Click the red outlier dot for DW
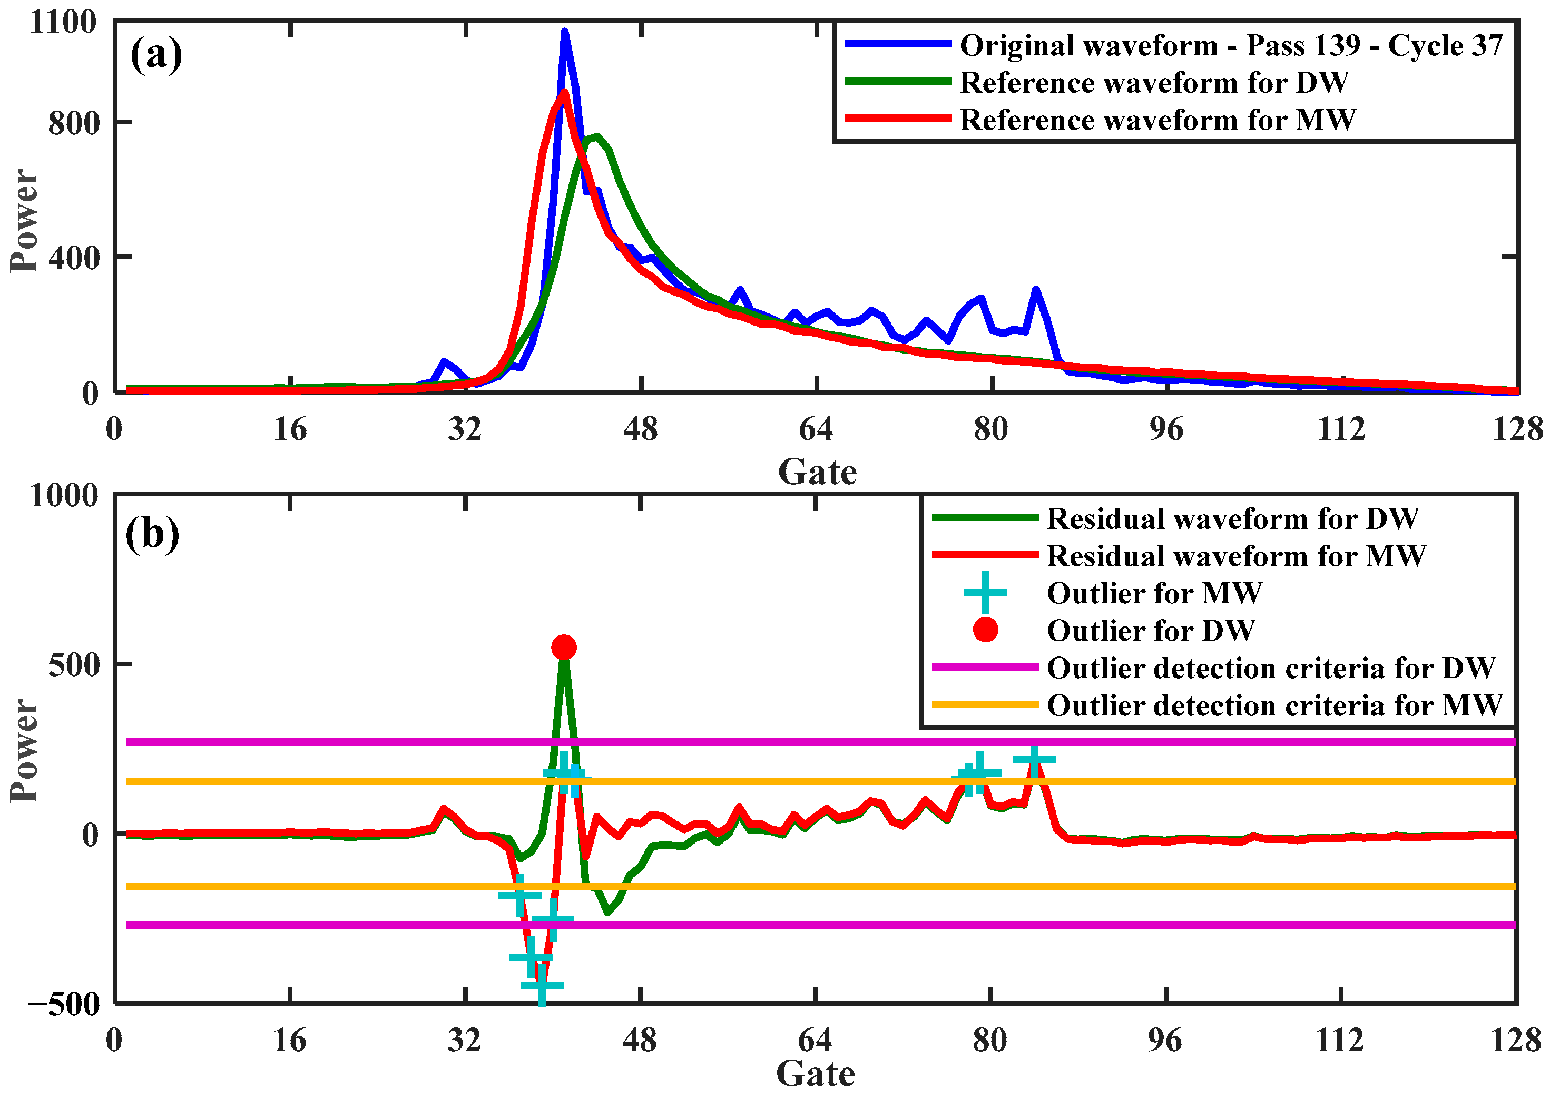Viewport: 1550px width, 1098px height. pos(564,647)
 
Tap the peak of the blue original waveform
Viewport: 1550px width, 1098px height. pos(564,32)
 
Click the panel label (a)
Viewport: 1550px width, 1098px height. pos(155,54)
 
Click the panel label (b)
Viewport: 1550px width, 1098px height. pos(152,534)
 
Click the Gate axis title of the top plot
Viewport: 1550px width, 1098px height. pos(817,471)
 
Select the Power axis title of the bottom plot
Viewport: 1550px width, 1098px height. pos(24,750)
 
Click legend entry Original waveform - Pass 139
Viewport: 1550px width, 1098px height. pos(1230,45)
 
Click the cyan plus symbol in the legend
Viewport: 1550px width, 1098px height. pos(985,592)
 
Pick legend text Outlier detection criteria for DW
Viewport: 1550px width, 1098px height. pos(1271,668)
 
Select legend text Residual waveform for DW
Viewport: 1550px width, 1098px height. pos(1232,518)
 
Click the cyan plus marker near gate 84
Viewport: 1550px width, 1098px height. pos(1034,759)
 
